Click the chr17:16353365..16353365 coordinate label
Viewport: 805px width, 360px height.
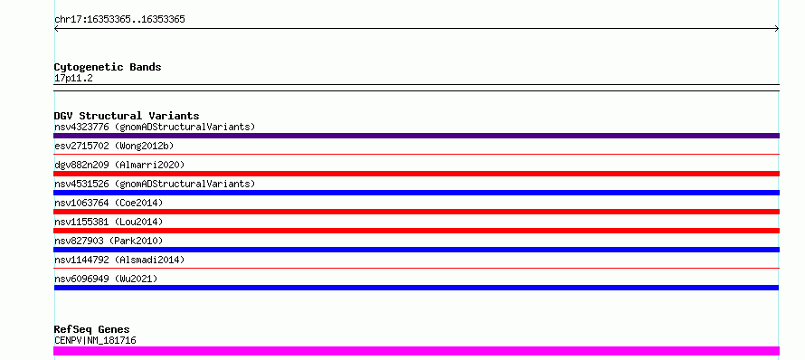point(119,20)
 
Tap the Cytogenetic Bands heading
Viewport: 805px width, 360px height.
point(108,67)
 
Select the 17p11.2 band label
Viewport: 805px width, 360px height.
point(73,79)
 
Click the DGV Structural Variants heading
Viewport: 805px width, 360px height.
point(127,116)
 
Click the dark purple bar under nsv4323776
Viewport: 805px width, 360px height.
point(416,136)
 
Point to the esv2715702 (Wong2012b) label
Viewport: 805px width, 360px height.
point(114,146)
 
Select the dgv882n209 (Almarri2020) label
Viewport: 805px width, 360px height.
point(119,165)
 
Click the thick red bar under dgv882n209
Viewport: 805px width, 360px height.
point(416,174)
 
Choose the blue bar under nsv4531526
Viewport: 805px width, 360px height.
point(416,193)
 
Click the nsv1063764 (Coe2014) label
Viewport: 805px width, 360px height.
point(109,203)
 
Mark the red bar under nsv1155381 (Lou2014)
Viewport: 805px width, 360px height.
point(416,231)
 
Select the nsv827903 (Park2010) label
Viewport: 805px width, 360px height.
point(109,241)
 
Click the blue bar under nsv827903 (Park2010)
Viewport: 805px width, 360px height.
point(416,250)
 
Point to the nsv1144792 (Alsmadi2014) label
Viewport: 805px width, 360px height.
point(119,260)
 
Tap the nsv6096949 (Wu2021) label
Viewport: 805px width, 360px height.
point(106,279)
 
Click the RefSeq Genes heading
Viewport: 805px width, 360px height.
point(92,330)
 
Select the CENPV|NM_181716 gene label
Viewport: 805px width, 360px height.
point(95,340)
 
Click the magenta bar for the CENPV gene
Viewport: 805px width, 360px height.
point(416,351)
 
